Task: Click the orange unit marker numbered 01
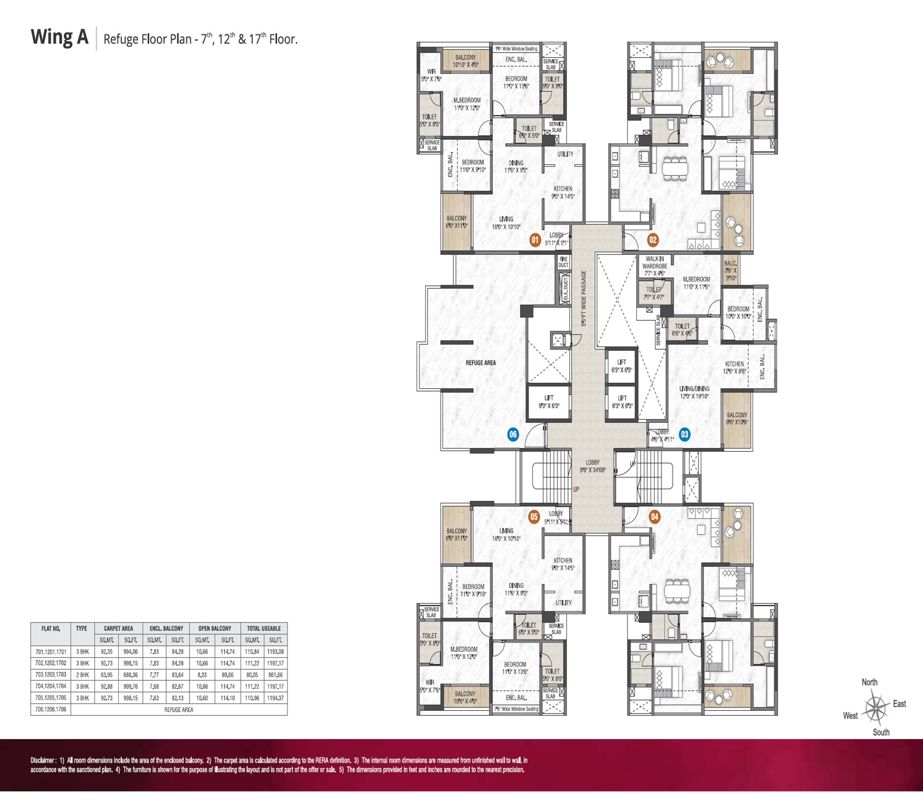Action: coord(535,241)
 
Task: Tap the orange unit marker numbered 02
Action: coord(652,240)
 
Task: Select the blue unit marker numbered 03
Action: coord(684,434)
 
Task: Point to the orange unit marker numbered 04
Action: coord(654,517)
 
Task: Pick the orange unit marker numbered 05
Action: coord(535,517)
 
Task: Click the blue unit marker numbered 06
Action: coord(513,435)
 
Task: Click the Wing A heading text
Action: coord(56,39)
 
